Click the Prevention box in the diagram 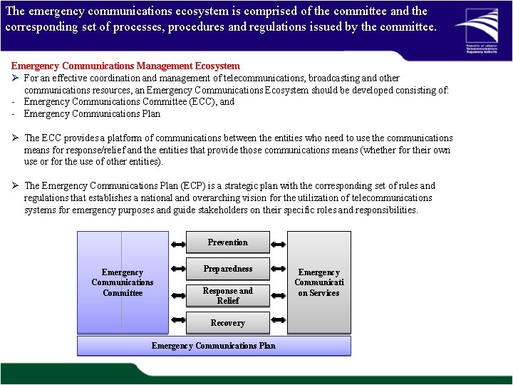click(x=228, y=242)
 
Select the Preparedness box click(x=228, y=269)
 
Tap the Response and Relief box click(x=228, y=296)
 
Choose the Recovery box click(x=228, y=323)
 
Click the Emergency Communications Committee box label click(x=123, y=282)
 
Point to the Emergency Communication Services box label click(x=318, y=282)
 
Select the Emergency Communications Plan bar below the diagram click(x=214, y=346)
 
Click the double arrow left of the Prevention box click(x=177, y=243)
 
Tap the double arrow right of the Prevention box click(x=279, y=243)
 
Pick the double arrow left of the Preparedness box click(x=177, y=269)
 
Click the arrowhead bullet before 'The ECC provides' click(x=15, y=138)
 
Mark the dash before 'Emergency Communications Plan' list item click(x=14, y=114)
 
